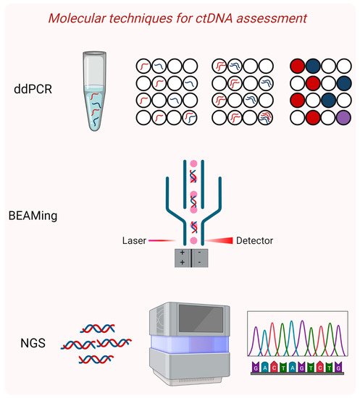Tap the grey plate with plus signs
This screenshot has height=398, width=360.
click(183, 257)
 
